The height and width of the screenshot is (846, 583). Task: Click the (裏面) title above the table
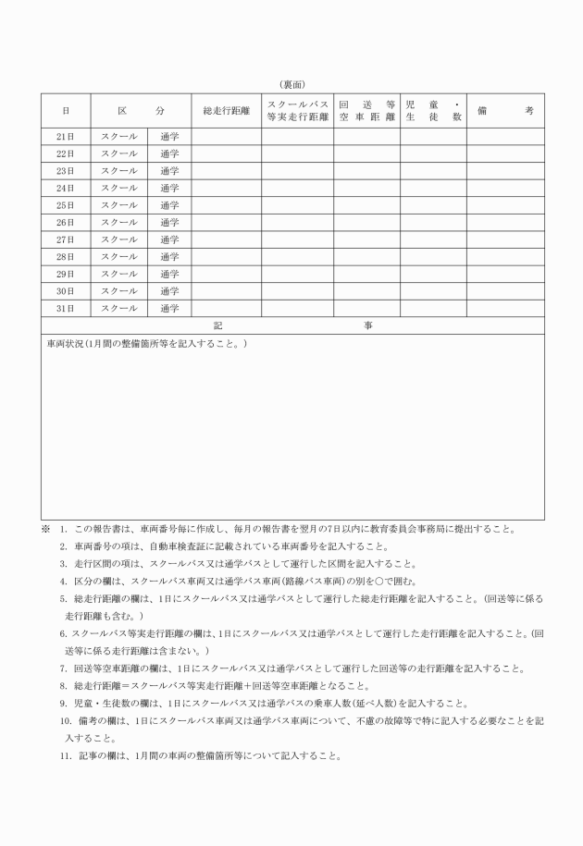coord(292,85)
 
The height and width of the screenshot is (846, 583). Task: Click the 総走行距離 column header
coord(226,111)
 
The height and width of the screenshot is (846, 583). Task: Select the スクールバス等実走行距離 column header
coord(297,111)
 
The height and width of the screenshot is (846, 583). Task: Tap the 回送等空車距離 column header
coord(366,111)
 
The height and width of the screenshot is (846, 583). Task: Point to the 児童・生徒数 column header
coord(432,111)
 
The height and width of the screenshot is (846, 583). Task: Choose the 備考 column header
coord(505,111)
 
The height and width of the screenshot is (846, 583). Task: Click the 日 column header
coord(65,111)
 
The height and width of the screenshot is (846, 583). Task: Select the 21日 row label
coord(65,137)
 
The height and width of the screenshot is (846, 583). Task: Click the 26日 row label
coord(65,223)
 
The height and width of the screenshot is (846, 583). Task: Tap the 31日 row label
coord(65,308)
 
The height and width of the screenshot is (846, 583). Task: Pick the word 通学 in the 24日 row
coord(169,189)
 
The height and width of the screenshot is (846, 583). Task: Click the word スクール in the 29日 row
coord(118,274)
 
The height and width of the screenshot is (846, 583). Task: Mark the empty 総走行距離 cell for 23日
coord(226,171)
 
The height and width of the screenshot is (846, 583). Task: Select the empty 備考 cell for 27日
coord(505,239)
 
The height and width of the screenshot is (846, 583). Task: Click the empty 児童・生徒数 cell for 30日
coord(432,291)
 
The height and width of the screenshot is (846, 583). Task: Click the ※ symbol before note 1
coord(45,530)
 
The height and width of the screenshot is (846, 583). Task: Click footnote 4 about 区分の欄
coord(64,581)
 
